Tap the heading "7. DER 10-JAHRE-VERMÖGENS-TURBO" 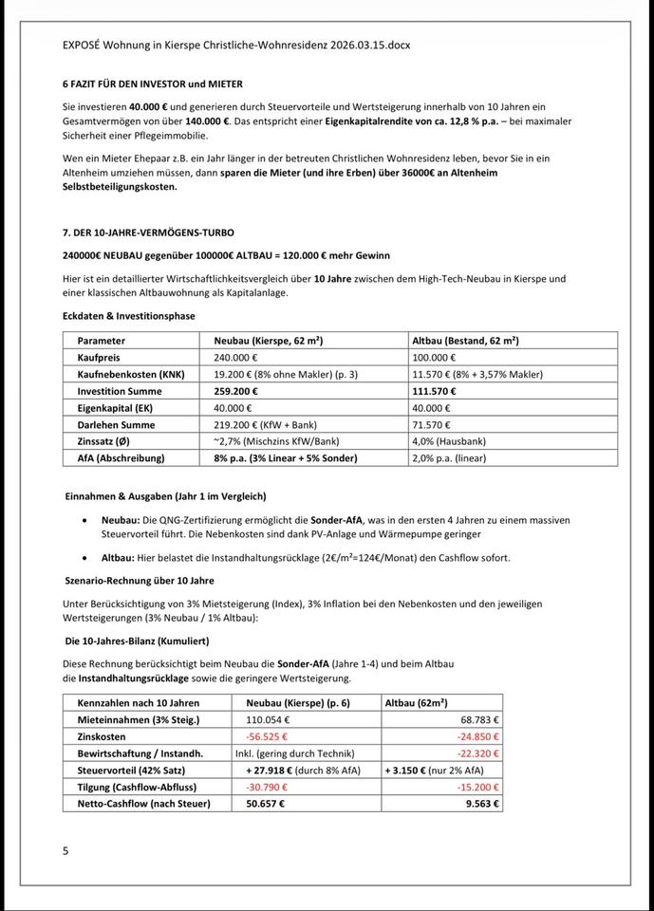tap(148, 232)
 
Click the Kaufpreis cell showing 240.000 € tap(237, 357)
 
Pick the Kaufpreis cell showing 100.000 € tap(435, 357)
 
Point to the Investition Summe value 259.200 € tap(235, 391)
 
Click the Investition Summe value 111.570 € tap(434, 391)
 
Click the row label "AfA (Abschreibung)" tap(121, 458)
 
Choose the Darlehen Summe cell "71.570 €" tap(431, 424)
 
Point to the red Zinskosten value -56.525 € tap(267, 736)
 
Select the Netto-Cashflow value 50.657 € tap(265, 804)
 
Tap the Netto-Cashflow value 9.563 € tap(482, 804)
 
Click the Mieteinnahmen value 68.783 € tap(476, 719)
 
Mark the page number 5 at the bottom tap(65, 851)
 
